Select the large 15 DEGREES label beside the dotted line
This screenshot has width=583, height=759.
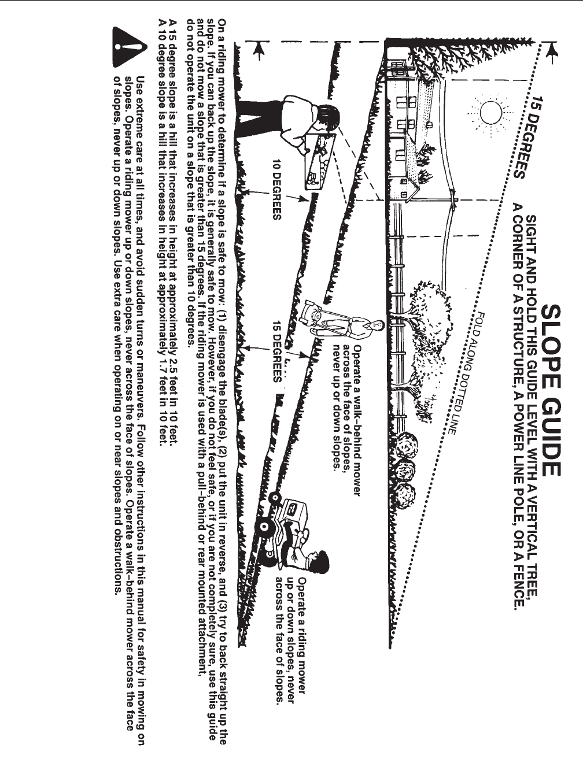pos(528,136)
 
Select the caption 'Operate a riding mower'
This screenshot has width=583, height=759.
pos(301,634)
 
